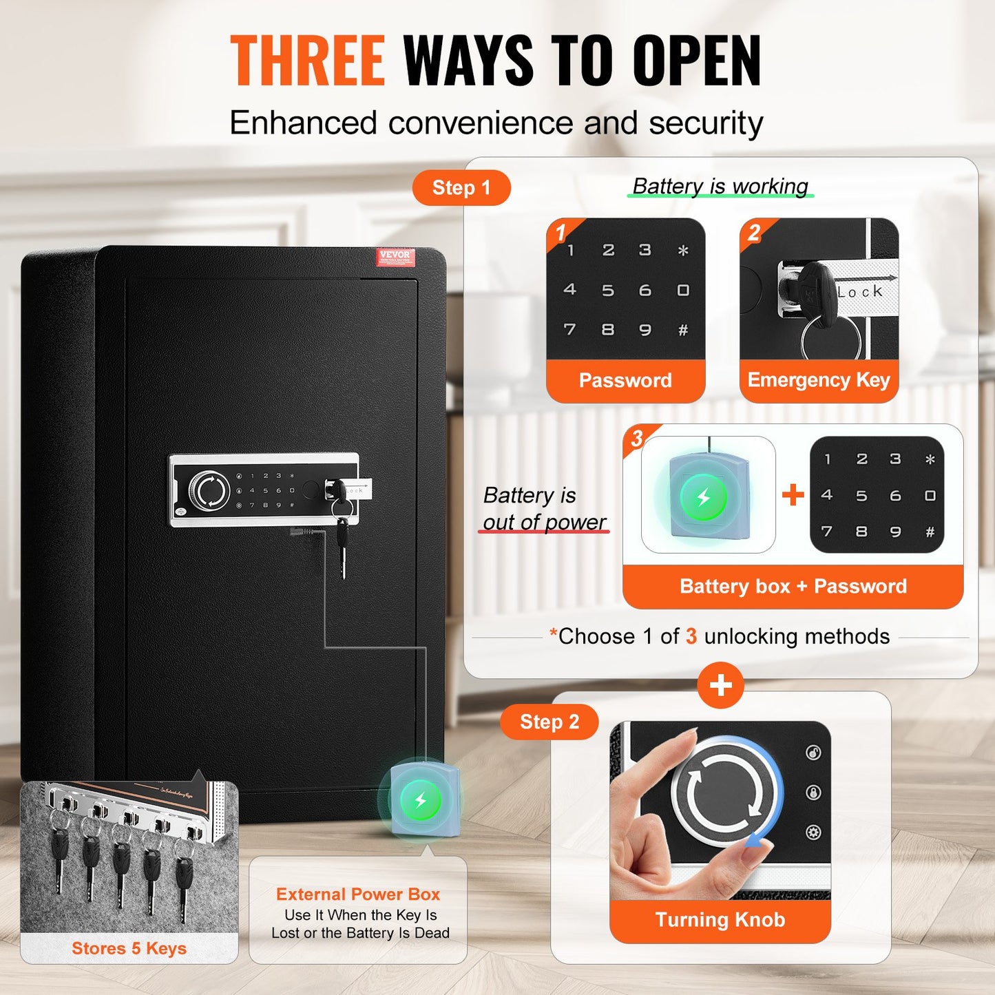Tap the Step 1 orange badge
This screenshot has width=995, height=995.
pyautogui.click(x=461, y=188)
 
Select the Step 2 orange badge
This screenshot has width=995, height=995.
pyautogui.click(x=549, y=722)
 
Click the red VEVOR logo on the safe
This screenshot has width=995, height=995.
pyautogui.click(x=395, y=257)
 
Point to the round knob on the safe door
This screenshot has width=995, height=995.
pyautogui.click(x=209, y=490)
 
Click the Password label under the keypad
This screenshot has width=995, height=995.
pyautogui.click(x=625, y=380)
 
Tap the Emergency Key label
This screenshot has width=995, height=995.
pyautogui.click(x=819, y=380)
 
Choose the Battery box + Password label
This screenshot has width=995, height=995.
pyautogui.click(x=793, y=586)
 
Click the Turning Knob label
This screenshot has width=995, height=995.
pyautogui.click(x=720, y=920)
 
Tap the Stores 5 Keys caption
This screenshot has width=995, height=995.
pyautogui.click(x=129, y=948)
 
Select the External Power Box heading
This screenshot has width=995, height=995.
pyautogui.click(x=358, y=894)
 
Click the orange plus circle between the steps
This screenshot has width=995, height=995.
pyautogui.click(x=720, y=685)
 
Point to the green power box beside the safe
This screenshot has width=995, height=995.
pyautogui.click(x=421, y=801)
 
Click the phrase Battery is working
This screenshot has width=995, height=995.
pyautogui.click(x=720, y=186)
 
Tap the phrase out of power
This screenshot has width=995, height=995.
pyautogui.click(x=544, y=522)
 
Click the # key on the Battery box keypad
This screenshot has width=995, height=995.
pyautogui.click(x=930, y=532)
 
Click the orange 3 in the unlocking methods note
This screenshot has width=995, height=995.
pyautogui.click(x=691, y=636)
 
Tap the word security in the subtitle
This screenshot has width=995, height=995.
pyautogui.click(x=706, y=123)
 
